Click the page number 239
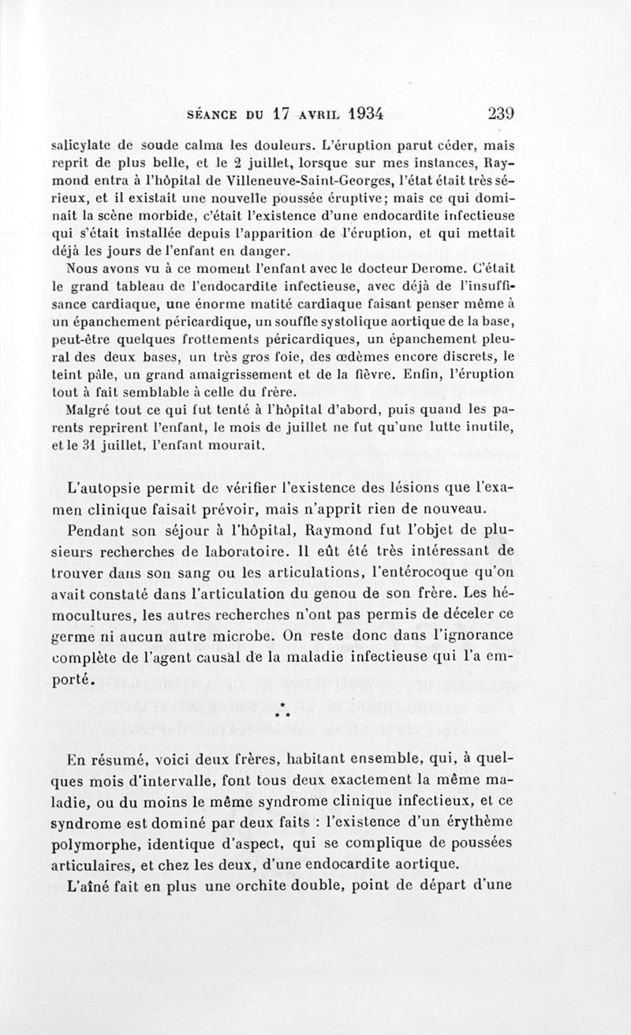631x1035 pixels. click(x=501, y=113)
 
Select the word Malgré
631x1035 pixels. click(x=88, y=410)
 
